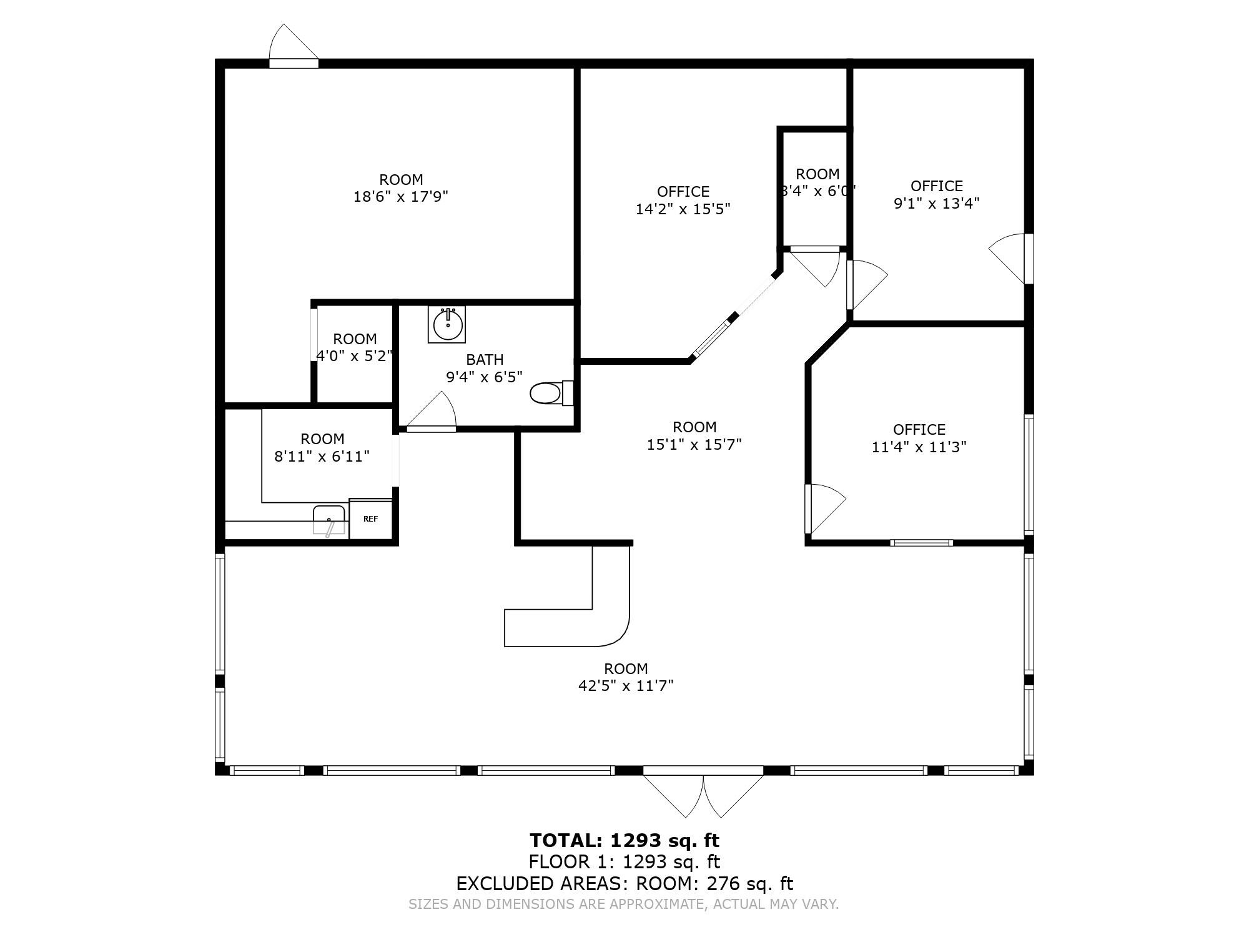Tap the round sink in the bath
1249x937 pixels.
[x=447, y=324]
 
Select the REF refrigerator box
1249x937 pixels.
[x=370, y=518]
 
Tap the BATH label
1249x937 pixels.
[x=485, y=360]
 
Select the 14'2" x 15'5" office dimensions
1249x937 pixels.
[x=683, y=209]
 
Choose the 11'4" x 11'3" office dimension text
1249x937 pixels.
[x=919, y=447]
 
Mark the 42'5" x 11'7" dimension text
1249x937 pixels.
[x=626, y=686]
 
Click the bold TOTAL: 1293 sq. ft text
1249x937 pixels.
[x=624, y=840]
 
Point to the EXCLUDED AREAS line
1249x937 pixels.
[x=624, y=884]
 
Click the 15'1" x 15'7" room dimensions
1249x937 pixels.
[x=694, y=444]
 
